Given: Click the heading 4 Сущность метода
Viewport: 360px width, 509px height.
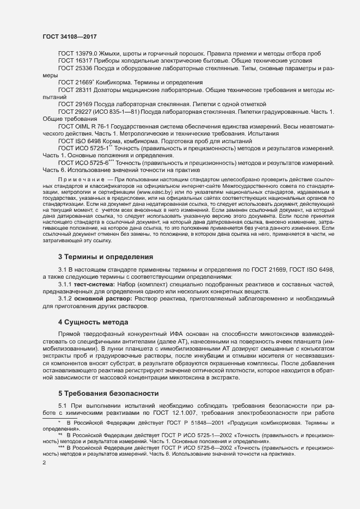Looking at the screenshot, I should click(93, 322).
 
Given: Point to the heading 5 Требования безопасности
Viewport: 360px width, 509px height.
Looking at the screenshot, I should click(108, 393).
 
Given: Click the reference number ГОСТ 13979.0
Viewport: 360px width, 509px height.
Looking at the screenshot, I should click(77, 53).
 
